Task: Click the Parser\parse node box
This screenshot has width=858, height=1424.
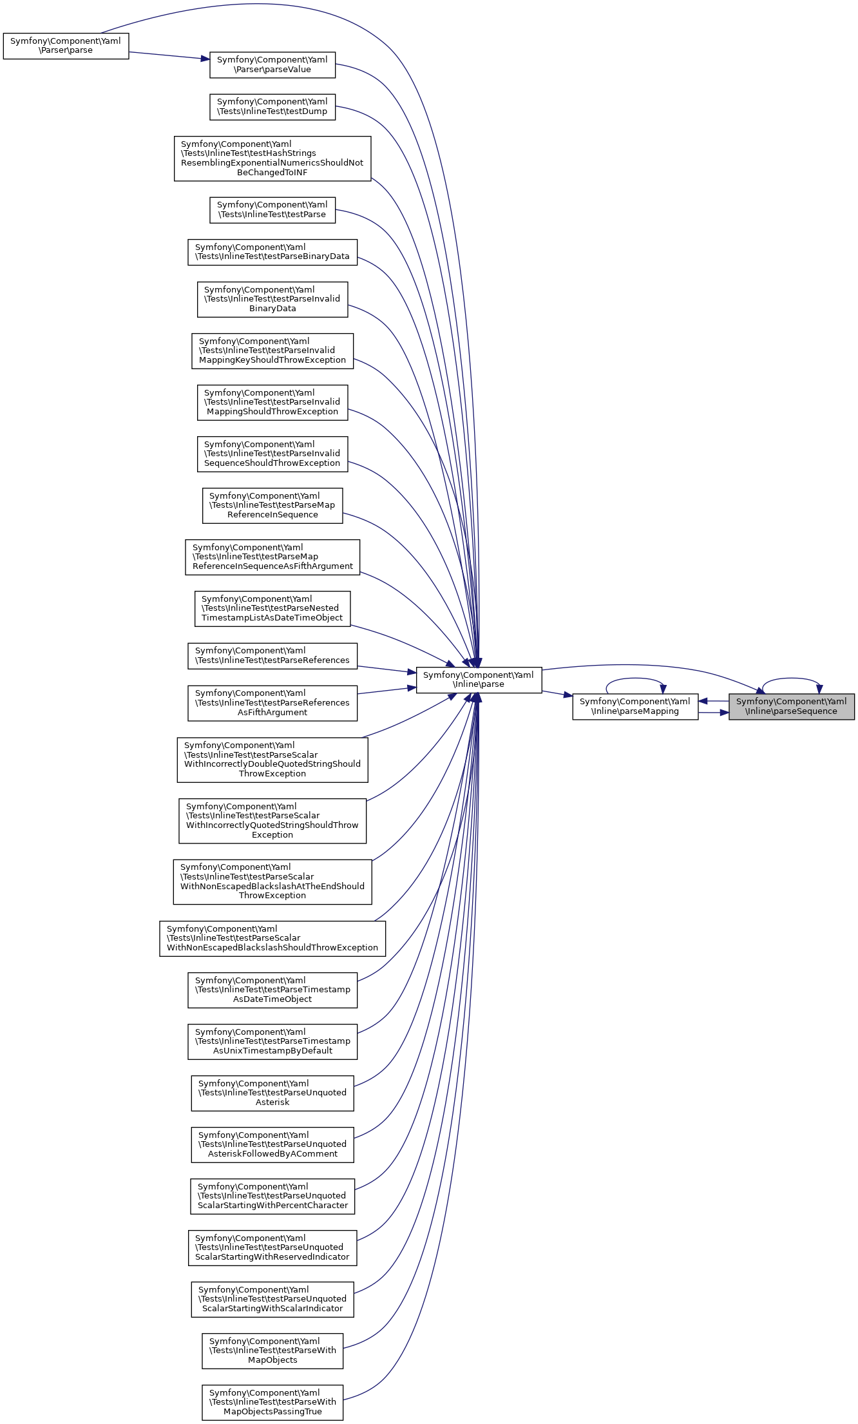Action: coord(66,46)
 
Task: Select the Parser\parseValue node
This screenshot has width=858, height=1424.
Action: coord(272,65)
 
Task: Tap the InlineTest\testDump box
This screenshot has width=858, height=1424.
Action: coord(272,107)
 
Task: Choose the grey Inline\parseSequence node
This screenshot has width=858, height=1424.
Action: coord(791,707)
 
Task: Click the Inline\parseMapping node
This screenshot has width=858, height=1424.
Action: coord(634,707)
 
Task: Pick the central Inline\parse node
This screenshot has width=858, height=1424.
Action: coord(478,680)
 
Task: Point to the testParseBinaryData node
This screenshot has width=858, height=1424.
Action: coord(272,252)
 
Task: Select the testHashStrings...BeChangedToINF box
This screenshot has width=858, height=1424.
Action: coord(272,159)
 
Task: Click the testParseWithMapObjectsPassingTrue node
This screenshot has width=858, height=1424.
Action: coord(272,1402)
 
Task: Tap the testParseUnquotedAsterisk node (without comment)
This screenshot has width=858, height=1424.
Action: coord(272,1093)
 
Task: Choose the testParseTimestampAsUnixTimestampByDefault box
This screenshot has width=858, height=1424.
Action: coord(272,1041)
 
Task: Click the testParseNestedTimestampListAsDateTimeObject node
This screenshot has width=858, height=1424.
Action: coord(272,608)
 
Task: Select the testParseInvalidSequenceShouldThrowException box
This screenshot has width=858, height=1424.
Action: coord(272,454)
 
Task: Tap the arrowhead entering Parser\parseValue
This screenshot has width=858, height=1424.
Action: coord(205,59)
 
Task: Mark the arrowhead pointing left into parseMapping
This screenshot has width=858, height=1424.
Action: coord(703,701)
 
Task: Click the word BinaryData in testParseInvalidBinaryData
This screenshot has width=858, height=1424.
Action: coord(272,309)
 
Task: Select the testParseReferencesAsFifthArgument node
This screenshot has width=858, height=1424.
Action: coord(272,703)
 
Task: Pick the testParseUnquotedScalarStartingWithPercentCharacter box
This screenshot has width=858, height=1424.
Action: coord(272,1196)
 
